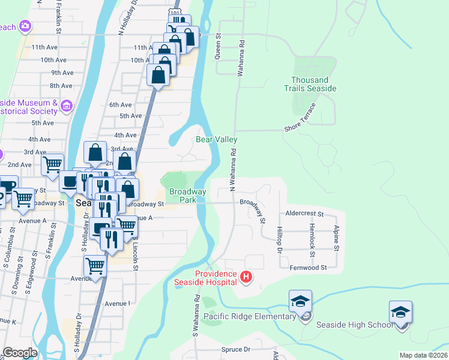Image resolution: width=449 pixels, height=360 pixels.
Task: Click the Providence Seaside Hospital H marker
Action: point(246,277)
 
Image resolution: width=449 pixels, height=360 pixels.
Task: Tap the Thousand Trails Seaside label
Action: point(310,84)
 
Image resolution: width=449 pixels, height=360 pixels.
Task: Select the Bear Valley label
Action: point(217,139)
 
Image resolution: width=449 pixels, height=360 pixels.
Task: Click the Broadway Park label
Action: point(187,196)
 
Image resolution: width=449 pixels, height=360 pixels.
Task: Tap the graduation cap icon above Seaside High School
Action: point(400,312)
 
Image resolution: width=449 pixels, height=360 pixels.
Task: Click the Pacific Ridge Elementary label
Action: point(249,316)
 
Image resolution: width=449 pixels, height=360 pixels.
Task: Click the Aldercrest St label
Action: point(304,214)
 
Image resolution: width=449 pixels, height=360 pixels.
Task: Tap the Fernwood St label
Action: point(307,268)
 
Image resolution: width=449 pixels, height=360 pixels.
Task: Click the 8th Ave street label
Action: point(61,86)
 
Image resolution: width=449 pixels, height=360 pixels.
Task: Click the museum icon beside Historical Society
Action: point(67,106)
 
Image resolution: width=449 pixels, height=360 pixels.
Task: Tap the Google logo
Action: point(20,353)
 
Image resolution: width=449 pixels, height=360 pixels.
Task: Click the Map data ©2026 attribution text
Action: point(423,355)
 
